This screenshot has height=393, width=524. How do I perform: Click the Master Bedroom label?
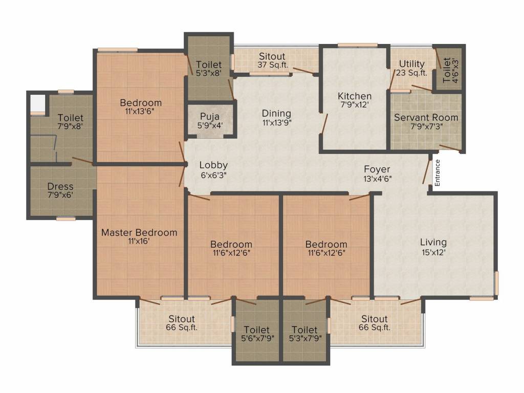pos(139,236)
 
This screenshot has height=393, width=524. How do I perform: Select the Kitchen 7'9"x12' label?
pos(354,100)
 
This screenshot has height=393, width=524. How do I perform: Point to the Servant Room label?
pos(426,121)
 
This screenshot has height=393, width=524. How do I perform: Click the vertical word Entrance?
pos(438,172)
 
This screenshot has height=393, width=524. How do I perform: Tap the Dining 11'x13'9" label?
pos(276,118)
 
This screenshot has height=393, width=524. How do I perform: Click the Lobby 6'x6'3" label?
pos(213,169)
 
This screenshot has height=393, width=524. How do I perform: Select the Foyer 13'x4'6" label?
pos(377,173)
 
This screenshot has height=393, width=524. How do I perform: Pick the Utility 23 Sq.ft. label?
pos(411,68)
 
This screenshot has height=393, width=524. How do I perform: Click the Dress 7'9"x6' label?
pos(60,191)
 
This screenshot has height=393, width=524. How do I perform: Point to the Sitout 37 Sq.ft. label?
pos(272,60)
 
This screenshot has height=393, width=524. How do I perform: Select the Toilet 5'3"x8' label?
pos(209,69)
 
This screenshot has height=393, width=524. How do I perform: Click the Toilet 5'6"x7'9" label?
pos(256,334)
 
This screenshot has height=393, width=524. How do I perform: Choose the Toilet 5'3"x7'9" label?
pos(304,334)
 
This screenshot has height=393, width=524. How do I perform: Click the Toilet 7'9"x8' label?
pos(70,122)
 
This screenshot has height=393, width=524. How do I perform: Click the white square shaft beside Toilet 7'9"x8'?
pos(38,104)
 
